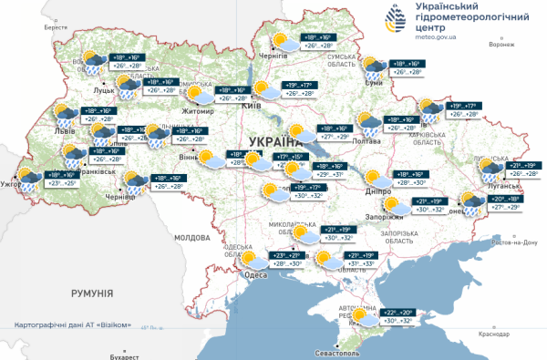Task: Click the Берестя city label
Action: [x=56, y=27]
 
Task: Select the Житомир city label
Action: [x=198, y=112]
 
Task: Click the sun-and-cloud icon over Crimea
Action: [x=365, y=316]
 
